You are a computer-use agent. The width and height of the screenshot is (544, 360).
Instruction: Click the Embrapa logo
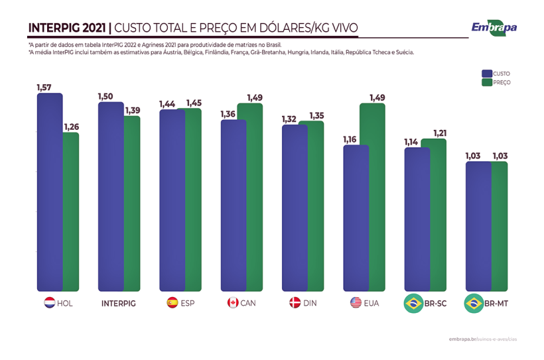(494, 27)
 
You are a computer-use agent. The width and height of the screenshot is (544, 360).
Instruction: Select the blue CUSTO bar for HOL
(49, 192)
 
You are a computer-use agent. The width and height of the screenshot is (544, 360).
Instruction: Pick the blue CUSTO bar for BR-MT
(478, 225)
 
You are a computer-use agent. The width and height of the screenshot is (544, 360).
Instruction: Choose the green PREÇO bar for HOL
(72, 212)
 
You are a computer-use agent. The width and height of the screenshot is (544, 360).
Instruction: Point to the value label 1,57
(44, 87)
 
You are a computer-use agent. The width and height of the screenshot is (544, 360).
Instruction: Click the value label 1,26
(71, 127)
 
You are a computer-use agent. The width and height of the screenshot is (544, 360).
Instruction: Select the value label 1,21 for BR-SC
(440, 133)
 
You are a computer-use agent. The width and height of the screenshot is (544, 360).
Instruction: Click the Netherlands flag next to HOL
(48, 303)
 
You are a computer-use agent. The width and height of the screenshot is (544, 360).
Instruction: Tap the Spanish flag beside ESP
(171, 303)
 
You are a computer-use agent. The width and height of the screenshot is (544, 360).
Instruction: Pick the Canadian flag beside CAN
(232, 303)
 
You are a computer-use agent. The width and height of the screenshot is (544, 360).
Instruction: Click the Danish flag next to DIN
(295, 303)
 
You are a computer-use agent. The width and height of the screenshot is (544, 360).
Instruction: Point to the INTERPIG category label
(119, 303)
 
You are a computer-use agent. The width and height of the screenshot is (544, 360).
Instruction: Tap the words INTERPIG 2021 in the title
(67, 28)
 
